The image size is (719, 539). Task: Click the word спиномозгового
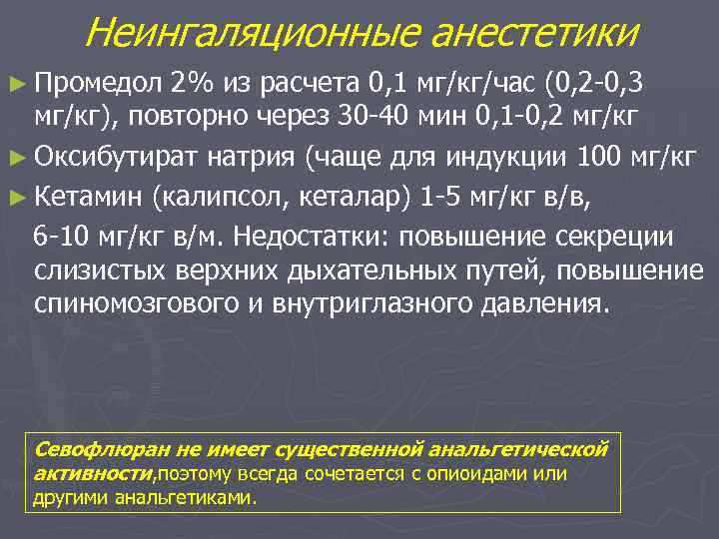[128, 304]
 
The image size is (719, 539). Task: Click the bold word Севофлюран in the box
[91, 449]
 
